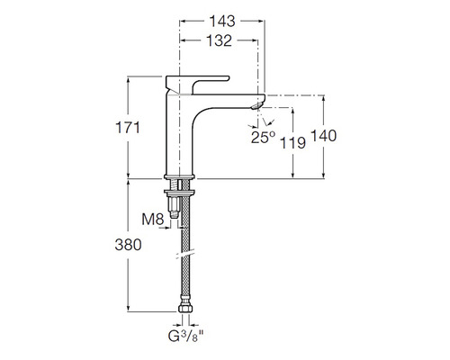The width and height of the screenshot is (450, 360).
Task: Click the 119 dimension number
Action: tap(292, 142)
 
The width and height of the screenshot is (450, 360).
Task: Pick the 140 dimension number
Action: tap(324, 135)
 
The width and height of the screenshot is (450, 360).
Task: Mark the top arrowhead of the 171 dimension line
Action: tap(132, 78)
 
